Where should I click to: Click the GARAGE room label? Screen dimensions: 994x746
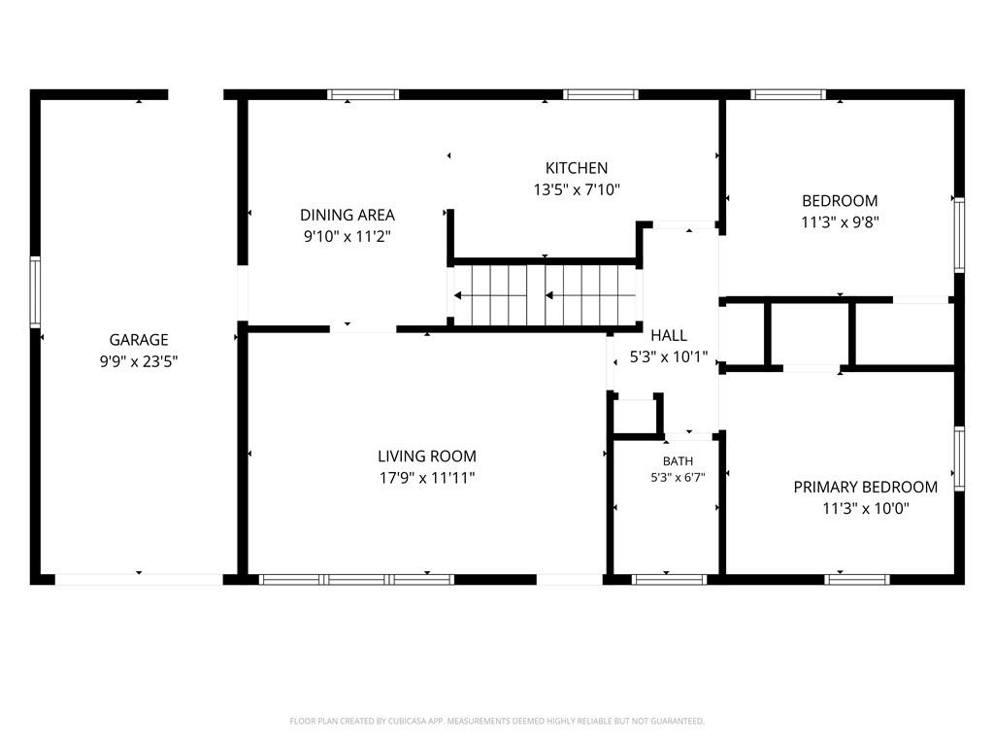click(138, 339)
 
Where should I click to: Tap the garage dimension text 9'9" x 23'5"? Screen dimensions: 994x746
click(138, 361)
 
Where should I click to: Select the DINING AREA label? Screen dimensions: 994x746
click(348, 215)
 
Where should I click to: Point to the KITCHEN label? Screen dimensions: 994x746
click(577, 168)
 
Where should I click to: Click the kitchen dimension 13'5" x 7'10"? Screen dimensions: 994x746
click(577, 189)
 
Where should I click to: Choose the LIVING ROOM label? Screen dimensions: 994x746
click(427, 457)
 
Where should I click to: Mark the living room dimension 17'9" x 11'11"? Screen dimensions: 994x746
click(427, 478)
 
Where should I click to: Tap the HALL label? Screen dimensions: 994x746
click(668, 335)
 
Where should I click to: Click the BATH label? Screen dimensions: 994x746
click(678, 461)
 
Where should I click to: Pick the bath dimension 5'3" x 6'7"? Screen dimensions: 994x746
click(678, 478)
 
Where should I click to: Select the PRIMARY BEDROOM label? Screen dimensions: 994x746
click(865, 488)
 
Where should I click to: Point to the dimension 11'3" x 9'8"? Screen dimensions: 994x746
click(840, 222)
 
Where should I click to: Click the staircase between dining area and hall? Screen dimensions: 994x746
click(546, 295)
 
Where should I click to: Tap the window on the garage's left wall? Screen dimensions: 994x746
click(35, 291)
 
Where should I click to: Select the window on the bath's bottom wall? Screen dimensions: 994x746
click(669, 579)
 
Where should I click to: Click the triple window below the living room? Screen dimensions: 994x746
click(356, 579)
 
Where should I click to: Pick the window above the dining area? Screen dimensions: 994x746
click(363, 94)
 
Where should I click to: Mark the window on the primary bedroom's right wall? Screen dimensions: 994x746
click(959, 458)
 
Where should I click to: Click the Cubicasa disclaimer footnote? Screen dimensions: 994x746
click(497, 722)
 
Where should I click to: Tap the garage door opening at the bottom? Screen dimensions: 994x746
click(139, 579)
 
